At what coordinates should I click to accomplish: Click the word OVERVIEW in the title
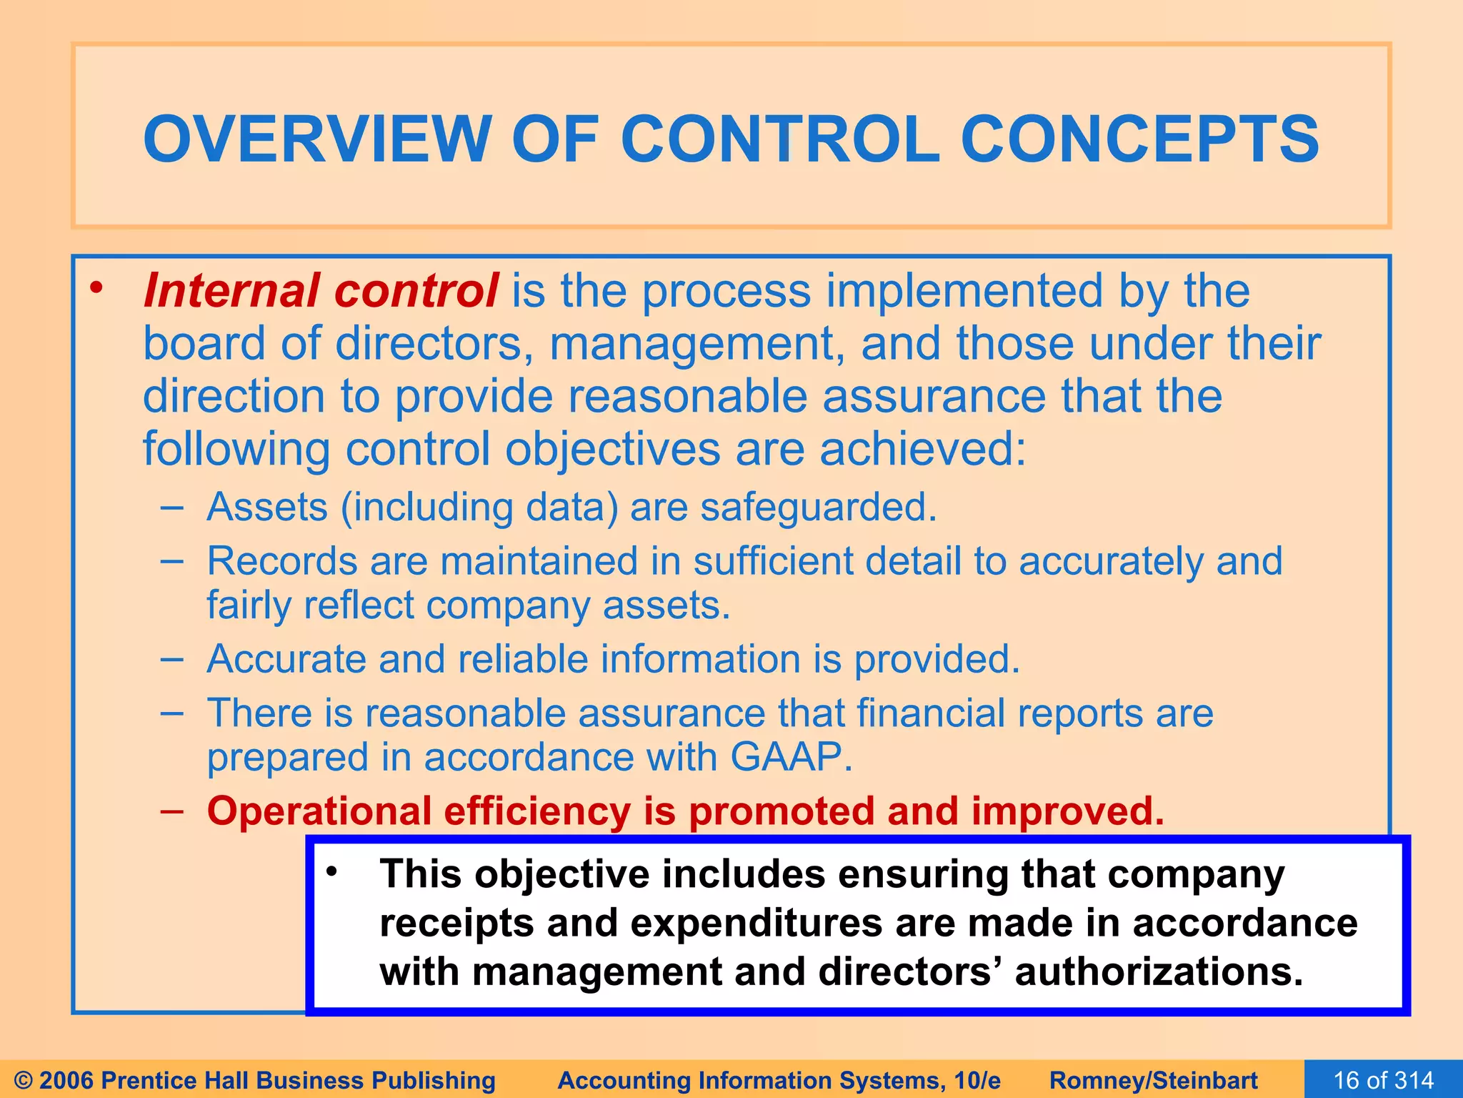point(317,139)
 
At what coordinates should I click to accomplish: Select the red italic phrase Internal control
point(321,291)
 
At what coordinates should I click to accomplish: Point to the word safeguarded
point(818,507)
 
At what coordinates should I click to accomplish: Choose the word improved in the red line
point(1067,811)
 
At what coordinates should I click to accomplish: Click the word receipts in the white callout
point(456,923)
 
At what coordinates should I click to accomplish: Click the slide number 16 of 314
point(1384,1080)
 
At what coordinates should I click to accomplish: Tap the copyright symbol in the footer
point(23,1080)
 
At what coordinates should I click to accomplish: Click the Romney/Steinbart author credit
point(1154,1080)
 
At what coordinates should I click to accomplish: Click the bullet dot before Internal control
point(96,289)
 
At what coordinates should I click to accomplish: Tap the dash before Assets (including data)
point(171,508)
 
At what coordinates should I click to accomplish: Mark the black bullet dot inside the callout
point(331,872)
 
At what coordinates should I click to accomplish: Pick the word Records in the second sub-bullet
point(282,561)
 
